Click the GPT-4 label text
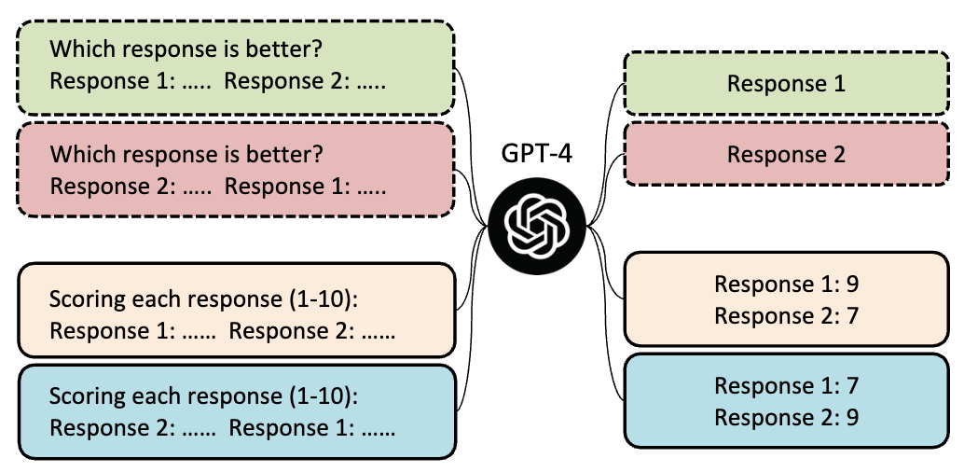click(x=537, y=154)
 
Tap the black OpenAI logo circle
click(x=537, y=226)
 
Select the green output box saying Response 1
click(x=786, y=83)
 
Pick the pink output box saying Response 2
click(x=786, y=154)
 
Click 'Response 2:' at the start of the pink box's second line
click(x=113, y=187)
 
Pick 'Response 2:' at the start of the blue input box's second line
click(x=113, y=428)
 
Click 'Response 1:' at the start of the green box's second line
click(x=113, y=81)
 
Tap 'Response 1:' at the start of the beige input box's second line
click(x=113, y=332)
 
